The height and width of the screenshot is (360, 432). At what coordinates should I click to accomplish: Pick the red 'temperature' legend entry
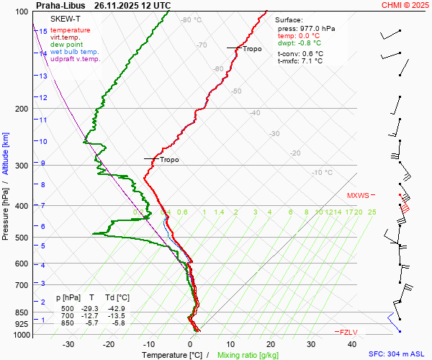coord(71,30)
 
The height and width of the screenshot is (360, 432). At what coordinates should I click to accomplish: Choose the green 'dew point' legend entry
coord(66,45)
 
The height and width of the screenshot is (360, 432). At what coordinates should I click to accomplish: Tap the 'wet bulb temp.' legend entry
coord(75,52)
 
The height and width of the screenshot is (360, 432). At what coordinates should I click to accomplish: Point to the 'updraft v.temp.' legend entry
coord(76,59)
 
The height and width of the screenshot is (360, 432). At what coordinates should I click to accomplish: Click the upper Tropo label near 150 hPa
coord(252,49)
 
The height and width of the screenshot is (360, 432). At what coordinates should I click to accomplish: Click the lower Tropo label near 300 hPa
coord(169,160)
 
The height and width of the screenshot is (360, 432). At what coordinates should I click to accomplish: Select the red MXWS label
coord(357,195)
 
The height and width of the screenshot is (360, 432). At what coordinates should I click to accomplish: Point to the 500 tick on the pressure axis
coord(22,238)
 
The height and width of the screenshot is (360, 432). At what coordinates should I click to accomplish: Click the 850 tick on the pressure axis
coord(22,313)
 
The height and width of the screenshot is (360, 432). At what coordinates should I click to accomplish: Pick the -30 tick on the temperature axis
coord(69,344)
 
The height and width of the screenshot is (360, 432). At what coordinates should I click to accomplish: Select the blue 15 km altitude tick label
coord(43,32)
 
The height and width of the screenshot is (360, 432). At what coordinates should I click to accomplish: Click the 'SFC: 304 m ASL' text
coord(397,354)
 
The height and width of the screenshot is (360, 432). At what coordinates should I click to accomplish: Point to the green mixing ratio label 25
coord(372,212)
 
